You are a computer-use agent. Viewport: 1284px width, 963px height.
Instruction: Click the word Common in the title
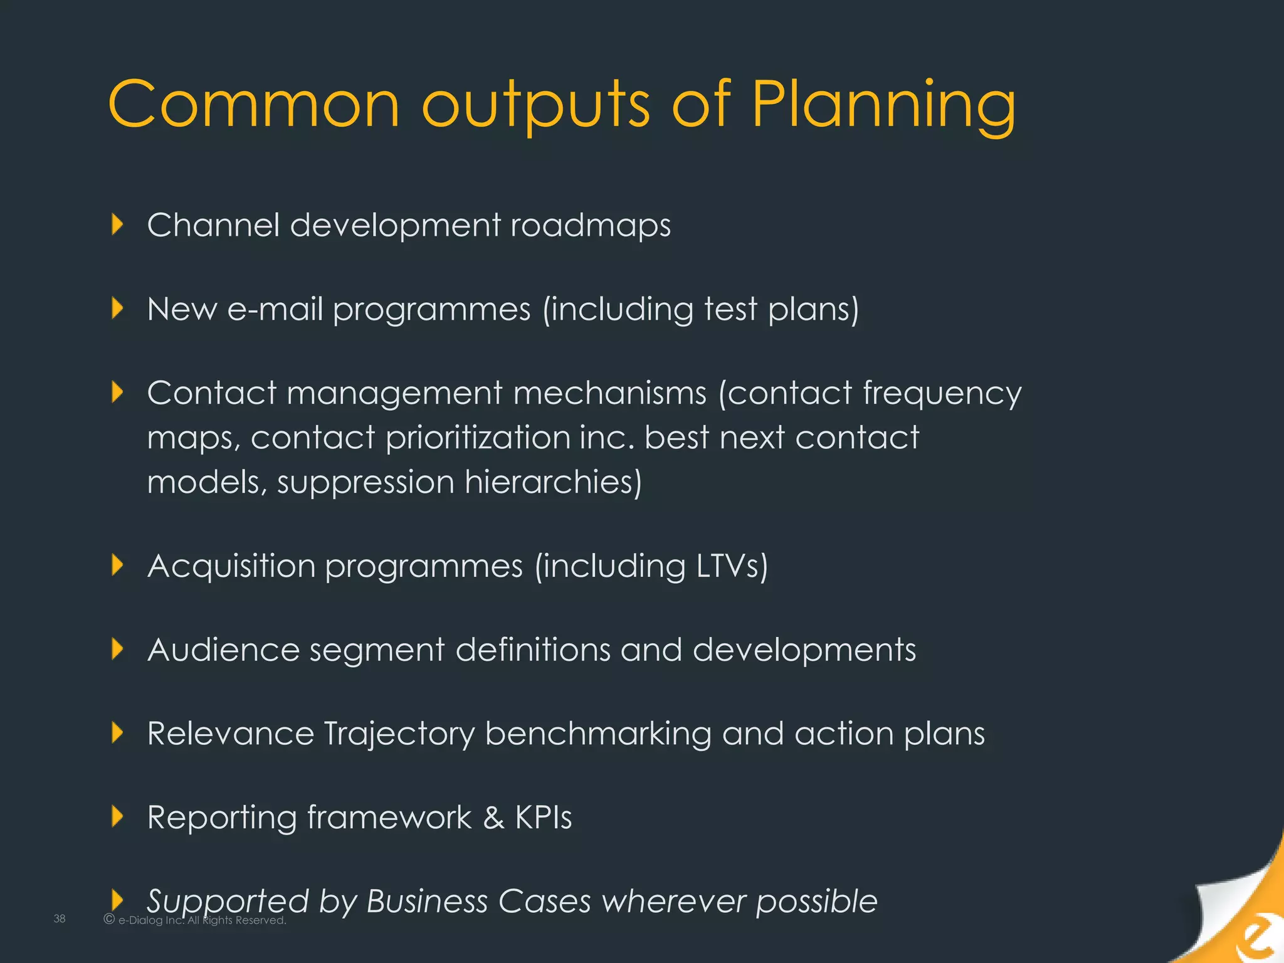253,105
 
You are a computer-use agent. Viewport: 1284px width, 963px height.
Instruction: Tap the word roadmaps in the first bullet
591,226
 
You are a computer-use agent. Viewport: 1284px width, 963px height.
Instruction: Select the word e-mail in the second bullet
275,309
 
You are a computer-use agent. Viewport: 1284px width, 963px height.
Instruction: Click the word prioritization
477,438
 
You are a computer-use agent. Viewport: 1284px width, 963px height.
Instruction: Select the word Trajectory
399,734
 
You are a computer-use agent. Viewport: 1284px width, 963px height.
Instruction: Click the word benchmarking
598,734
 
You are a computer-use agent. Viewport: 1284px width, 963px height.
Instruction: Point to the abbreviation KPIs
544,818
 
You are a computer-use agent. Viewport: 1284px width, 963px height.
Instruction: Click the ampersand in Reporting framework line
494,818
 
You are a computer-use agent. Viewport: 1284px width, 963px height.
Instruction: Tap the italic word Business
427,902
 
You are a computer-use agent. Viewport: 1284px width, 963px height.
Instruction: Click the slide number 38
60,919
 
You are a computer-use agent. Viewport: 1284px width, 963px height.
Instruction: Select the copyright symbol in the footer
109,919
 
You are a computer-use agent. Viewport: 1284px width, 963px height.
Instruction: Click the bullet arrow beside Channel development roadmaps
117,224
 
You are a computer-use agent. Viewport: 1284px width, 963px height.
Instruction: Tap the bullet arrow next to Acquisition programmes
117,565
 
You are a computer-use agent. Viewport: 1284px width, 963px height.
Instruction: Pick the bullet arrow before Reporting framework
117,816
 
